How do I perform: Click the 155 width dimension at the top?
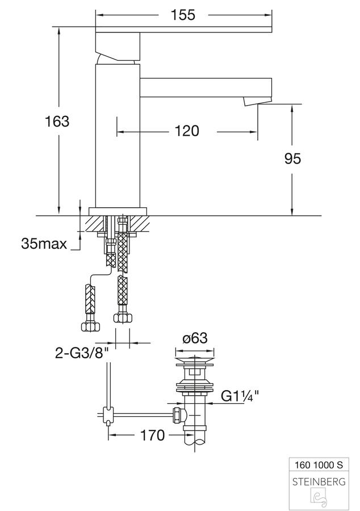pyautogui.click(x=183, y=15)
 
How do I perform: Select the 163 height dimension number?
pyautogui.click(x=57, y=122)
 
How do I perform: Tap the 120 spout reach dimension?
pyautogui.click(x=187, y=131)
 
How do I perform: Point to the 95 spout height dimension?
pyautogui.click(x=292, y=159)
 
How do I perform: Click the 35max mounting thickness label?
pyautogui.click(x=44, y=244)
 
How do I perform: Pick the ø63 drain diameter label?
pyautogui.click(x=195, y=338)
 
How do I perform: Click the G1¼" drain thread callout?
pyautogui.click(x=240, y=396)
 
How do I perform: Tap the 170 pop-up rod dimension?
pyautogui.click(x=152, y=435)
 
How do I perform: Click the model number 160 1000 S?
pyautogui.click(x=319, y=464)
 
